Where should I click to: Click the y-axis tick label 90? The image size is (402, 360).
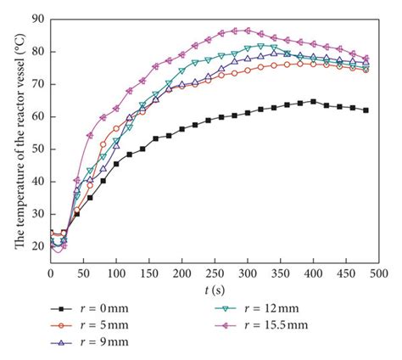tap(36, 18)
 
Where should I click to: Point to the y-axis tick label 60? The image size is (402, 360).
tap(36, 116)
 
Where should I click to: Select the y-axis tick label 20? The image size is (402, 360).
tap(36, 246)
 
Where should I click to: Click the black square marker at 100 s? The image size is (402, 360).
tap(116, 164)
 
